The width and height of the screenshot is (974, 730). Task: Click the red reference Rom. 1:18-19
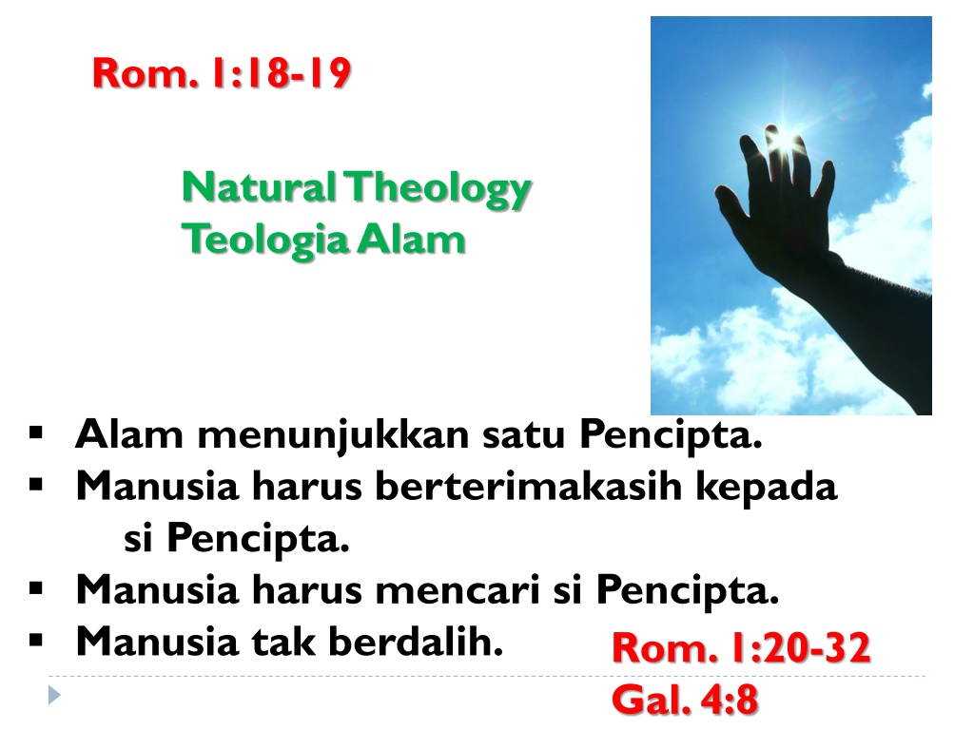pyautogui.click(x=222, y=73)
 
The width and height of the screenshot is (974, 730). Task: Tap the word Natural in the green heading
pyautogui.click(x=259, y=187)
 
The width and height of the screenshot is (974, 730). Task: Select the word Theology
pyautogui.click(x=438, y=189)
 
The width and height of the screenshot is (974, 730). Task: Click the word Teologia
pyautogui.click(x=264, y=241)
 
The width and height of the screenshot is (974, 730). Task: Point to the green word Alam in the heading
pyautogui.click(x=411, y=240)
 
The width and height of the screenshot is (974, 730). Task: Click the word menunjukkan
pyautogui.click(x=333, y=435)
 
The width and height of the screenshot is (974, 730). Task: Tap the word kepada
pyautogui.click(x=766, y=488)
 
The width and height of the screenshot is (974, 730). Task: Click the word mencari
pyautogui.click(x=458, y=589)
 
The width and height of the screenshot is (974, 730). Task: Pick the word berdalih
pyautogui.click(x=416, y=641)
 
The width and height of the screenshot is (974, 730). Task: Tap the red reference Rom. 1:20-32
pyautogui.click(x=741, y=648)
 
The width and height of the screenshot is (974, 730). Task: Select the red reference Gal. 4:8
pyautogui.click(x=685, y=701)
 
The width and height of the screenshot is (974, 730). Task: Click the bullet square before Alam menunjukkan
pyautogui.click(x=36, y=432)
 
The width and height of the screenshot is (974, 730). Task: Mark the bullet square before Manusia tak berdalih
pyautogui.click(x=36, y=640)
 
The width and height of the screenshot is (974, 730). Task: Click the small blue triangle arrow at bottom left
pyautogui.click(x=54, y=695)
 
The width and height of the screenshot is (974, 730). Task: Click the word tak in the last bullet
pyautogui.click(x=283, y=641)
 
